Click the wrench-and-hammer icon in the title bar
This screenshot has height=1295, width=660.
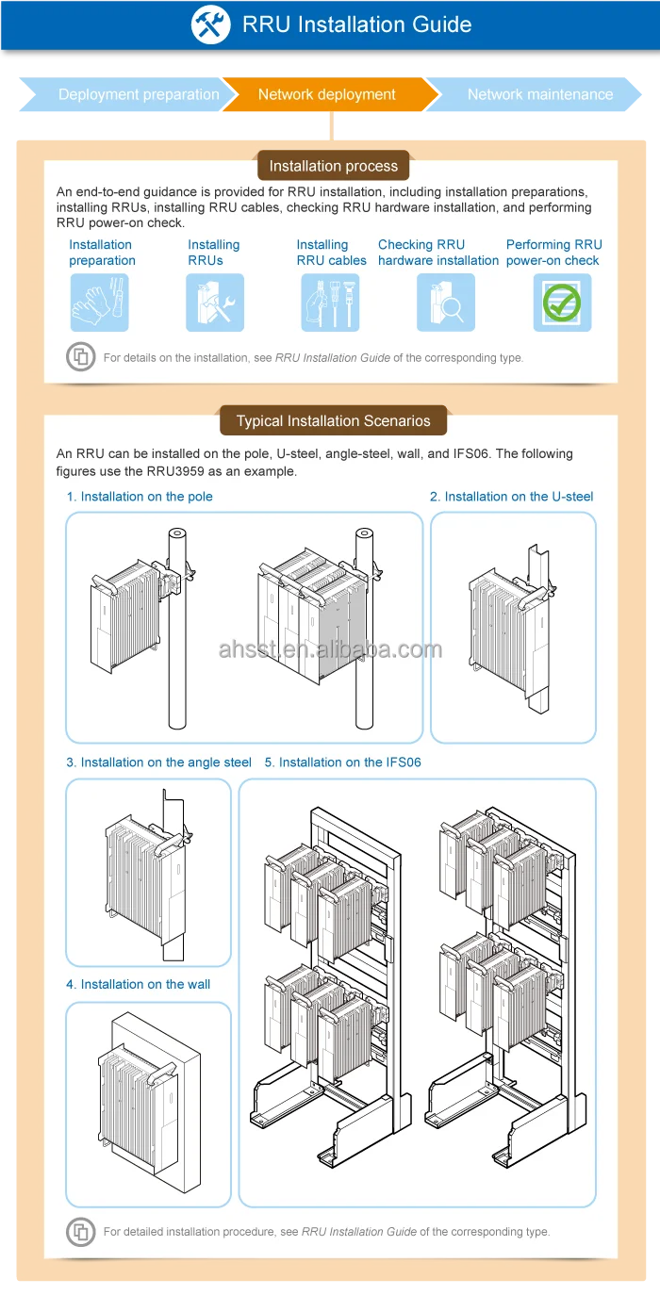210,25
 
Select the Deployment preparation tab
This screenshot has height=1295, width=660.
138,94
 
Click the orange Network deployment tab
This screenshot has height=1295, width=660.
327,94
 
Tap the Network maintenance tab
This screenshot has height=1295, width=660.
539,94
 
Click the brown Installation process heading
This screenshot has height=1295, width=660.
334,166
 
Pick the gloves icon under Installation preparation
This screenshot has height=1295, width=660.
99,303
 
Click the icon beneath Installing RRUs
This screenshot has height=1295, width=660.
215,303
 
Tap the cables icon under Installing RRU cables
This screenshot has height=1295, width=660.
330,303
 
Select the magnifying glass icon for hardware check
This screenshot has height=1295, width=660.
445,303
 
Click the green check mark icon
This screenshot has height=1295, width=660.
562,303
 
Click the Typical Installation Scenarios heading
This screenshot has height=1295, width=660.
334,421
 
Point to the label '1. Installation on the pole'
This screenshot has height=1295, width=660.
140,497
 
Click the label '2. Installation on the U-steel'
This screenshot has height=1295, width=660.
512,497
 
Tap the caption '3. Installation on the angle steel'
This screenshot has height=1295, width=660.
158,762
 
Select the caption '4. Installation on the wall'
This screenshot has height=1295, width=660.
139,984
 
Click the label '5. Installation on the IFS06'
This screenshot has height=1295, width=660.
342,762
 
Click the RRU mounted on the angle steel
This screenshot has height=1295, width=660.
141,867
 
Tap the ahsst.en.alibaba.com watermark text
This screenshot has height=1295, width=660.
330,649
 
